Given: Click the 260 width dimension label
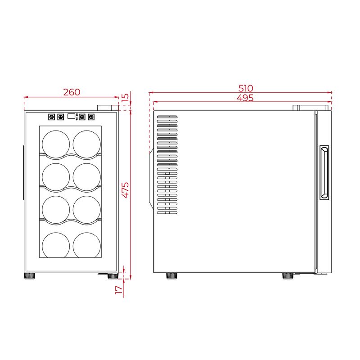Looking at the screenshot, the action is pos(72,92).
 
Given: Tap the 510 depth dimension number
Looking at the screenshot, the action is pos(246,88).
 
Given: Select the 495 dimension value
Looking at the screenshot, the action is pos(245,98).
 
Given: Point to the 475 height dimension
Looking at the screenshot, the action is pos(126,190).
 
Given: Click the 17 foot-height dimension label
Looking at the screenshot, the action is pos(119,290).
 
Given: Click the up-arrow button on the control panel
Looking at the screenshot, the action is pos(82,117).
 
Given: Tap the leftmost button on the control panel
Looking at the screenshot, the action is pos(51,117).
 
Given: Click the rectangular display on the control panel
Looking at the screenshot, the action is pos(71,116).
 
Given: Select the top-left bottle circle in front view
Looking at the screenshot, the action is pos(56,144).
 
